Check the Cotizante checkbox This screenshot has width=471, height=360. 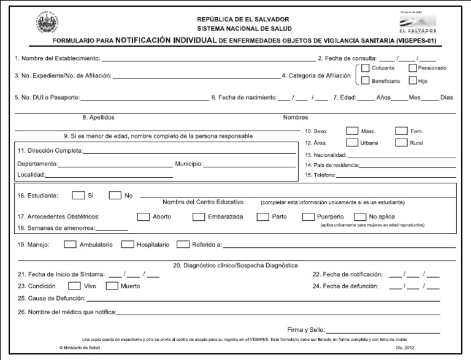[366, 68]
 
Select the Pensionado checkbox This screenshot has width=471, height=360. [413, 68]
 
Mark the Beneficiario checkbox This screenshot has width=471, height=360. [366, 81]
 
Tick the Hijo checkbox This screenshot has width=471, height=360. [413, 81]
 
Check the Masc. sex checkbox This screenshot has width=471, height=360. [352, 131]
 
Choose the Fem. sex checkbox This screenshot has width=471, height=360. [401, 131]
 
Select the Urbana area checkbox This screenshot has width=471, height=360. [352, 143]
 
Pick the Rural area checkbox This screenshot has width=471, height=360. [401, 143]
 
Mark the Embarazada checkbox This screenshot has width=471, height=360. [199, 216]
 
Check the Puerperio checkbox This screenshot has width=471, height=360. [308, 216]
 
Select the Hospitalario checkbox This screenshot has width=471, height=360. [128, 244]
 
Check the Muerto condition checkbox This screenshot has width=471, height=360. [112, 286]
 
